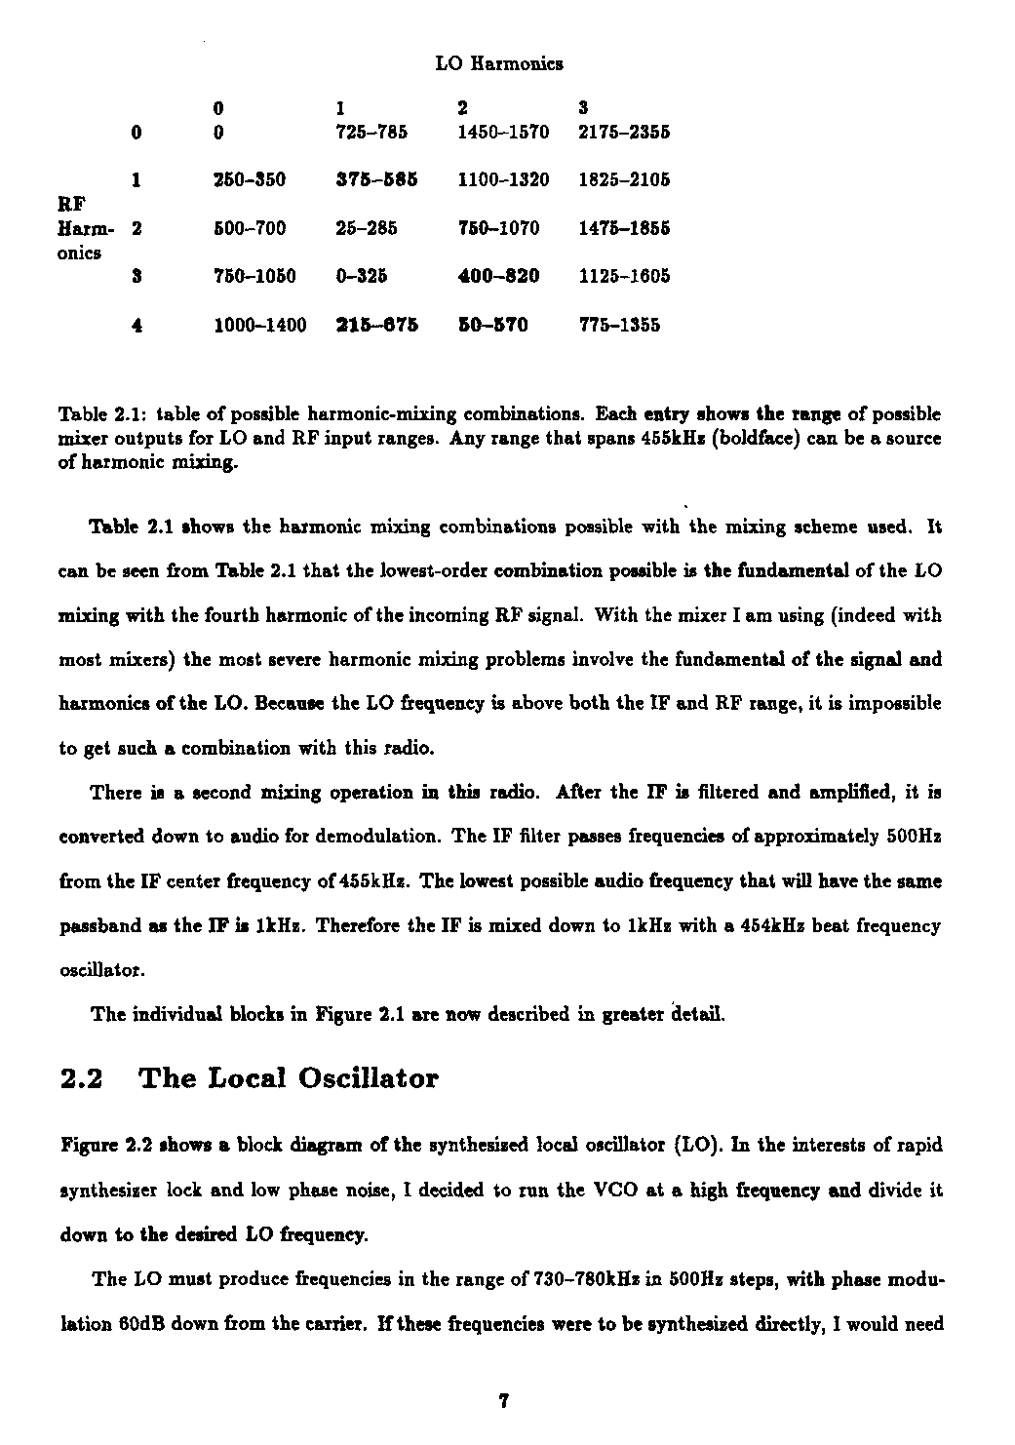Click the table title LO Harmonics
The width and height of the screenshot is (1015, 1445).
[x=499, y=64]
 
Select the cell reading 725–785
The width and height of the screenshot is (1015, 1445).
[x=371, y=131]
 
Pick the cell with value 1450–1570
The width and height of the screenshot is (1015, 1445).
[x=503, y=131]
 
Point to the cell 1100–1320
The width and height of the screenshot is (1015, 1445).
[x=503, y=179]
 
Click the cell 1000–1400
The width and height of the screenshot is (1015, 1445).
[x=260, y=325]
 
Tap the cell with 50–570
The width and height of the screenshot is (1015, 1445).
[x=492, y=325]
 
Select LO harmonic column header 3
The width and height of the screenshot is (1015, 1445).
[x=583, y=106]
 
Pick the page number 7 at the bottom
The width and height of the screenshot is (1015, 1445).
[x=503, y=1402]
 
